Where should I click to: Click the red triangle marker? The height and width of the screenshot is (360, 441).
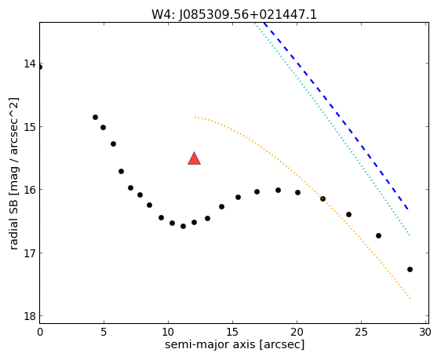click(194, 158)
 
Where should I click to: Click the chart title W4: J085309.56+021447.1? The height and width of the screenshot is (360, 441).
click(234, 15)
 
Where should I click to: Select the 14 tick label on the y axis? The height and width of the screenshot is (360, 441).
click(30, 64)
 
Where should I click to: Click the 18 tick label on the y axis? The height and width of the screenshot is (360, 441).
click(30, 316)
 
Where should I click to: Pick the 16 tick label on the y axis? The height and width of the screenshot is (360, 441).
click(30, 190)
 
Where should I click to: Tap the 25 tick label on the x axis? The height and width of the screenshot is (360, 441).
click(361, 333)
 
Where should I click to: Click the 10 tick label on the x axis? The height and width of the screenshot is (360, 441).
click(168, 333)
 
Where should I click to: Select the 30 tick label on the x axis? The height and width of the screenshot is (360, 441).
click(425, 333)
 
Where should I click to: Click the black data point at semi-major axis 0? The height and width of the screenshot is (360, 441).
click(40, 67)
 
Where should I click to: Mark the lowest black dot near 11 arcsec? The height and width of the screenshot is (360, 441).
click(183, 226)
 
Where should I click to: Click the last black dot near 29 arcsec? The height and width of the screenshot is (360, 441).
click(410, 269)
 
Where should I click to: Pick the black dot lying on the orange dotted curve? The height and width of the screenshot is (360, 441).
click(323, 198)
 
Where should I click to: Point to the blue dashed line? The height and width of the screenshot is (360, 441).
click(336, 115)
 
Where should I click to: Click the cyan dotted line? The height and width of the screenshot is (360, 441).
click(332, 128)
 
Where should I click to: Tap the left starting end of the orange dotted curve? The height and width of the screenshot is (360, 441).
click(195, 117)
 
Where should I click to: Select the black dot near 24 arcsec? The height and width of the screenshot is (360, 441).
click(348, 214)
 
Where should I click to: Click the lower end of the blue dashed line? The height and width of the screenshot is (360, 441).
click(408, 209)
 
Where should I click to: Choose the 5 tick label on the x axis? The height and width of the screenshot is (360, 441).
click(104, 333)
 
